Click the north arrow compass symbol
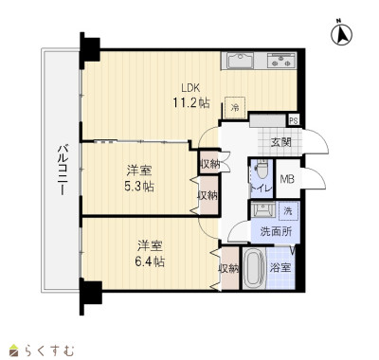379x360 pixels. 342,34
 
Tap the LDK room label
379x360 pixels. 190,88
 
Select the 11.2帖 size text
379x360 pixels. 191,102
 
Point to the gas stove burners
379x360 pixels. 281,61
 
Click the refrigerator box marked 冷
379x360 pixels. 235,107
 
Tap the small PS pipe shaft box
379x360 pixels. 294,120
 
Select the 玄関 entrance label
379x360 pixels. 280,143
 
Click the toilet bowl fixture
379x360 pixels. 262,169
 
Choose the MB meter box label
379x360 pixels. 287,179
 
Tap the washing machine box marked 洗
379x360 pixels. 288,211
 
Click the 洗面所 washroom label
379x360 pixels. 276,232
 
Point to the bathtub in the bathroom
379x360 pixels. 255,268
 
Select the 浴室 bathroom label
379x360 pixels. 280,268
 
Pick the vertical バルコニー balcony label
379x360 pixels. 63,169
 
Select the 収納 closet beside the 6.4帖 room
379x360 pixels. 229,268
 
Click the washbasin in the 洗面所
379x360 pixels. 262,209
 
